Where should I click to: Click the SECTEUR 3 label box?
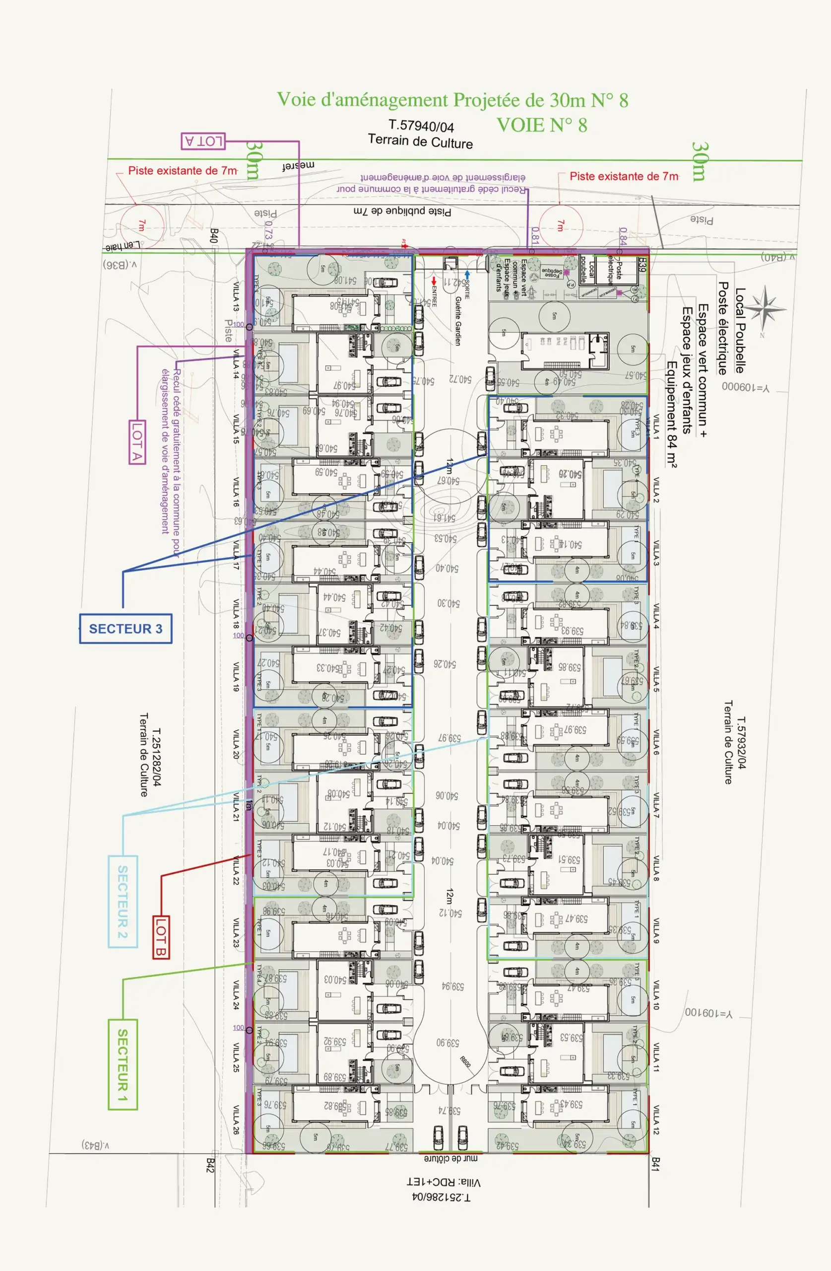(126, 629)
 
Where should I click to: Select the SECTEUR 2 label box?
(123, 902)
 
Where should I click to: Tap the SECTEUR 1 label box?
(123, 1064)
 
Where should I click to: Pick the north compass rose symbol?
(765, 309)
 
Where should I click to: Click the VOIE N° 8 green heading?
(542, 125)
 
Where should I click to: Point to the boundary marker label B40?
(214, 236)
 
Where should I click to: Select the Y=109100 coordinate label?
(709, 1012)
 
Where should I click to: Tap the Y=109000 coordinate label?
(746, 387)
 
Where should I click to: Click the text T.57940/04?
(421, 126)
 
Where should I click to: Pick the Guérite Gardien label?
(458, 320)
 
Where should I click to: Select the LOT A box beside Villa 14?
(137, 442)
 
